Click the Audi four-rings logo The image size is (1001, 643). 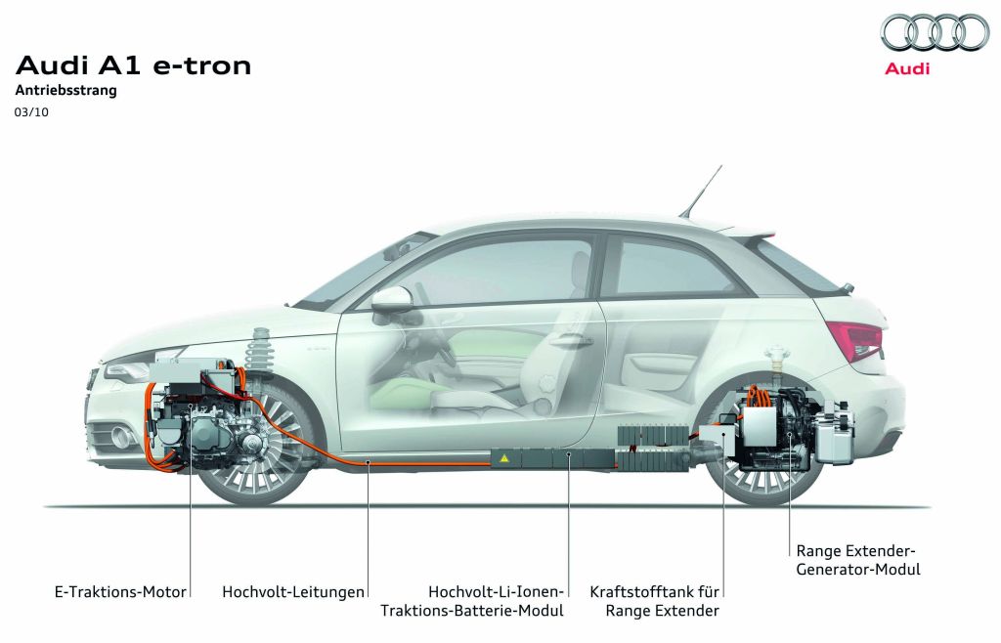pyautogui.click(x=934, y=33)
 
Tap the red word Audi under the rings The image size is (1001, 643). pyautogui.click(x=907, y=68)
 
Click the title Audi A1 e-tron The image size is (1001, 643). pyautogui.click(x=134, y=65)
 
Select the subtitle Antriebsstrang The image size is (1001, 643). pyautogui.click(x=66, y=91)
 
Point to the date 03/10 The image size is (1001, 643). pyautogui.click(x=31, y=112)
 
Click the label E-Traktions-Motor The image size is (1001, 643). pyautogui.click(x=120, y=591)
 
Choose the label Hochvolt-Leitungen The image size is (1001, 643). pyautogui.click(x=293, y=591)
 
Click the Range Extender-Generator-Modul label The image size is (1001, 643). pyautogui.click(x=858, y=559)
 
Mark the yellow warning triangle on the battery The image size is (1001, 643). pyautogui.click(x=505, y=456)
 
